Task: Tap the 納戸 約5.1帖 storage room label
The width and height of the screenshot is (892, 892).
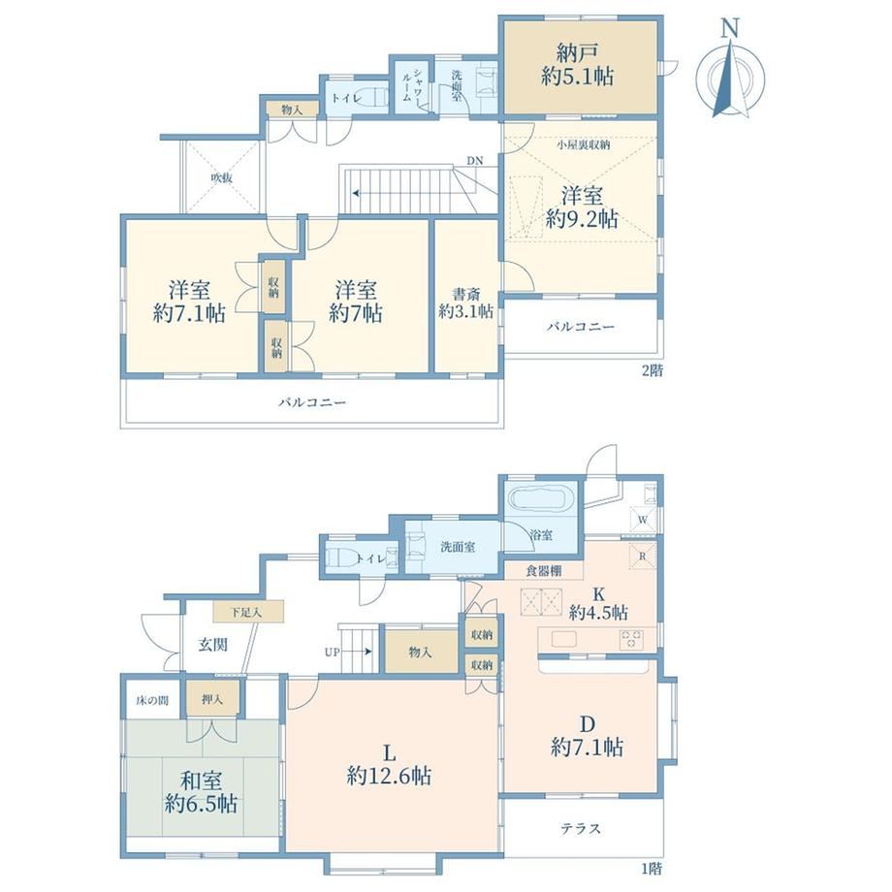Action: [578, 65]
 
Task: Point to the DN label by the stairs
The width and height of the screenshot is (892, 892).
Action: [474, 161]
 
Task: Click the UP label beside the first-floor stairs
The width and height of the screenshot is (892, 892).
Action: [333, 652]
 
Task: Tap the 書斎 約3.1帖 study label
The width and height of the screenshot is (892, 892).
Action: [465, 303]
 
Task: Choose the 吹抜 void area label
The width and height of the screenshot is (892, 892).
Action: [222, 178]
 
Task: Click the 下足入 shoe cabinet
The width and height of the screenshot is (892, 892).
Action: [248, 612]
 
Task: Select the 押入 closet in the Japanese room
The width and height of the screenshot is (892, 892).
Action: [212, 699]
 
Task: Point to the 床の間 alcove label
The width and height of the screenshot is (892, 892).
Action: [152, 700]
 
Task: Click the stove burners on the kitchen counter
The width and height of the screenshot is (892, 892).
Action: [631, 639]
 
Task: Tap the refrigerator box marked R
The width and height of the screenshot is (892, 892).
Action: [642, 556]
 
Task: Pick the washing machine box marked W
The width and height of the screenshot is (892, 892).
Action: [642, 520]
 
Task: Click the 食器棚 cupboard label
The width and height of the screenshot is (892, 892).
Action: [543, 570]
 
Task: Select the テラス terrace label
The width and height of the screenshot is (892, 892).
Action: [580, 828]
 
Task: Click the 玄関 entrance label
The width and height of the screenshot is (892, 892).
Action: [212, 645]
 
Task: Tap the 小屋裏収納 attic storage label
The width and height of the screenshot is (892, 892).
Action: [583, 145]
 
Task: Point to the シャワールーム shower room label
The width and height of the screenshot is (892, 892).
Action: [412, 84]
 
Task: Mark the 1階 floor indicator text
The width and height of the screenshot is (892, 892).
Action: [652, 869]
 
